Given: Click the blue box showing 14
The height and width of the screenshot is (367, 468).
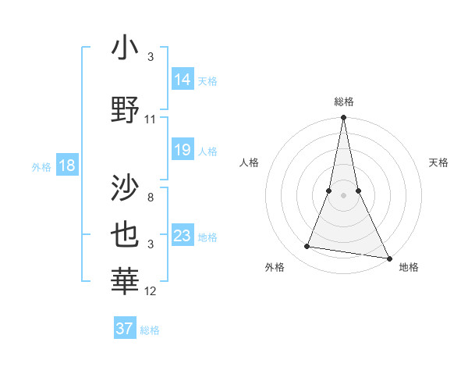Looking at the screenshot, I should pyautogui.click(x=183, y=79).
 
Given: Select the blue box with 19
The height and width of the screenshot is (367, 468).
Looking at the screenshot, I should pyautogui.click(x=183, y=150).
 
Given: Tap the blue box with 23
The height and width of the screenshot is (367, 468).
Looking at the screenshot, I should pyautogui.click(x=183, y=236).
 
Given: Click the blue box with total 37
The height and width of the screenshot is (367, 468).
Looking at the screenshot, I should pyautogui.click(x=124, y=329).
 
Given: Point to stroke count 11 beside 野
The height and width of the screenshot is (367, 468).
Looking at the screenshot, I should pyautogui.click(x=151, y=119).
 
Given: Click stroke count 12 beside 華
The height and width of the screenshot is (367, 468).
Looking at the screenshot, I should pyautogui.click(x=151, y=291).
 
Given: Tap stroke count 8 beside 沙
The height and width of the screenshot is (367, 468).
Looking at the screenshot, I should pyautogui.click(x=151, y=198).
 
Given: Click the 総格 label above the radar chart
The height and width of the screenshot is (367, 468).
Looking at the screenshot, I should pyautogui.click(x=344, y=102).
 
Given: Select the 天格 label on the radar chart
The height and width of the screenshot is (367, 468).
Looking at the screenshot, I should pyautogui.click(x=438, y=162).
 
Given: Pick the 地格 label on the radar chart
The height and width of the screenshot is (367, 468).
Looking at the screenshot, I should pyautogui.click(x=409, y=267).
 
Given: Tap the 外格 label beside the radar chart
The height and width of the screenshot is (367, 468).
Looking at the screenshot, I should pyautogui.click(x=275, y=267).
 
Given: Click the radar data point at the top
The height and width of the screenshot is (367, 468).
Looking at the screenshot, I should pyautogui.click(x=343, y=118).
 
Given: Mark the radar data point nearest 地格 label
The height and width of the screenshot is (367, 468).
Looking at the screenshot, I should pyautogui.click(x=388, y=258).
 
